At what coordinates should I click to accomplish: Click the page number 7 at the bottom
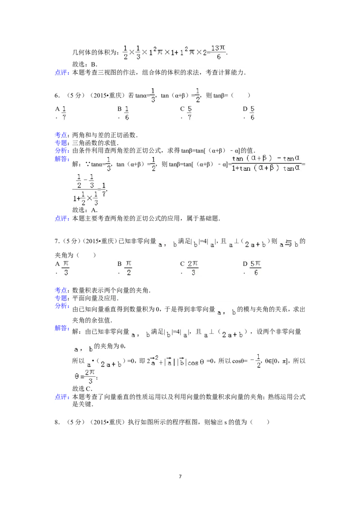pos(180,476)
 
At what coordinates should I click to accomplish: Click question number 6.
pos(57,95)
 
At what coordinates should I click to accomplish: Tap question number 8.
pos(57,422)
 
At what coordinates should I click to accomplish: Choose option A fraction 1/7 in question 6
pos(64,113)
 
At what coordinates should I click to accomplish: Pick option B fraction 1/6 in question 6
pos(127,113)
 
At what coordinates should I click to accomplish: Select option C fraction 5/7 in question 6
pos(189,113)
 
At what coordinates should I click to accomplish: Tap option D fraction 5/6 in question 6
pos(252,113)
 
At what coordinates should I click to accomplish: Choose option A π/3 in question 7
pos(66,268)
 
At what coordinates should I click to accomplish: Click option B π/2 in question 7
pos(128,268)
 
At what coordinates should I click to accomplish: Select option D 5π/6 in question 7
pos(256,268)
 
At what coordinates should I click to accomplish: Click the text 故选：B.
pos(85,64)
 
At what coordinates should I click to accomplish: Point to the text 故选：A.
pos(85,210)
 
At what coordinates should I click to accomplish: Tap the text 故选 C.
pos(82,388)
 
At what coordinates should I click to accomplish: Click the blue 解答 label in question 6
pos(62,159)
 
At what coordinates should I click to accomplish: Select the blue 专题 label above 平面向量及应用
pos(62,298)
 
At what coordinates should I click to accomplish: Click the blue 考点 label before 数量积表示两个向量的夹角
pos(62,290)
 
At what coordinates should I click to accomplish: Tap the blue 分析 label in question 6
pos(62,151)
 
